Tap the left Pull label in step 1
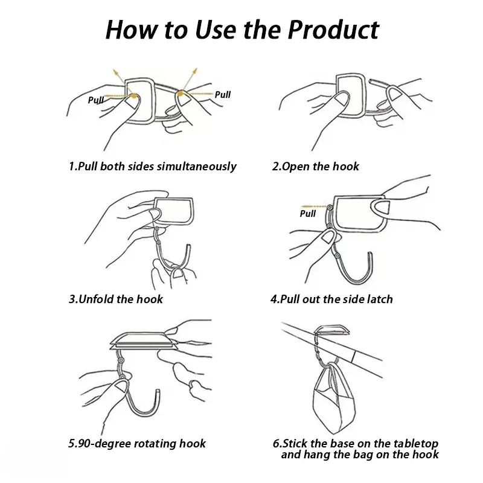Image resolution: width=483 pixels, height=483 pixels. click(x=97, y=100)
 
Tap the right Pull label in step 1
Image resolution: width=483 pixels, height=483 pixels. click(x=223, y=94)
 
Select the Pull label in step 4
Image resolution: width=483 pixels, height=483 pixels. click(x=308, y=213)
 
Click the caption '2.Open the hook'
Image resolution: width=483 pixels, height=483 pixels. click(x=315, y=166)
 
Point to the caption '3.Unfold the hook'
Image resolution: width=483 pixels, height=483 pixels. click(x=116, y=299)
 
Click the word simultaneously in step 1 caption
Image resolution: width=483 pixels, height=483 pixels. click(x=197, y=166)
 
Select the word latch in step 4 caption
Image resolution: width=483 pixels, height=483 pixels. click(x=379, y=299)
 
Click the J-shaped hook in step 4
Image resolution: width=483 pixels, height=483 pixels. click(x=350, y=266)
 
